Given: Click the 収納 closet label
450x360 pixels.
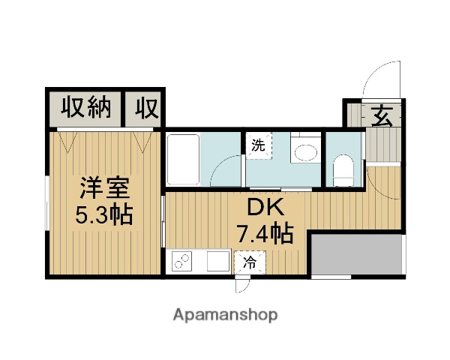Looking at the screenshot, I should (x=86, y=109).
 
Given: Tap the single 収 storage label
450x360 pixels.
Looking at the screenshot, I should (x=147, y=109).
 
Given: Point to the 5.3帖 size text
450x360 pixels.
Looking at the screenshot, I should (x=103, y=215).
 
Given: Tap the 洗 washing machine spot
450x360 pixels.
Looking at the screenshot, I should (x=258, y=145).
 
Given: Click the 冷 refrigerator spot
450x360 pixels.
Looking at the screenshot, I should (x=248, y=263).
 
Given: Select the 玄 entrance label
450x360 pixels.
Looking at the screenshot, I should (x=382, y=116).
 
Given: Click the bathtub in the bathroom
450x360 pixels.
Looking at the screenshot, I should (x=182, y=158).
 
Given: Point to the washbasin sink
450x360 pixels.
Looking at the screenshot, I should (x=305, y=152).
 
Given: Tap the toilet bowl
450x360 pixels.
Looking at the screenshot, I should (x=343, y=168).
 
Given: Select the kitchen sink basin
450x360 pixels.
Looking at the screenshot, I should (x=217, y=262).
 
